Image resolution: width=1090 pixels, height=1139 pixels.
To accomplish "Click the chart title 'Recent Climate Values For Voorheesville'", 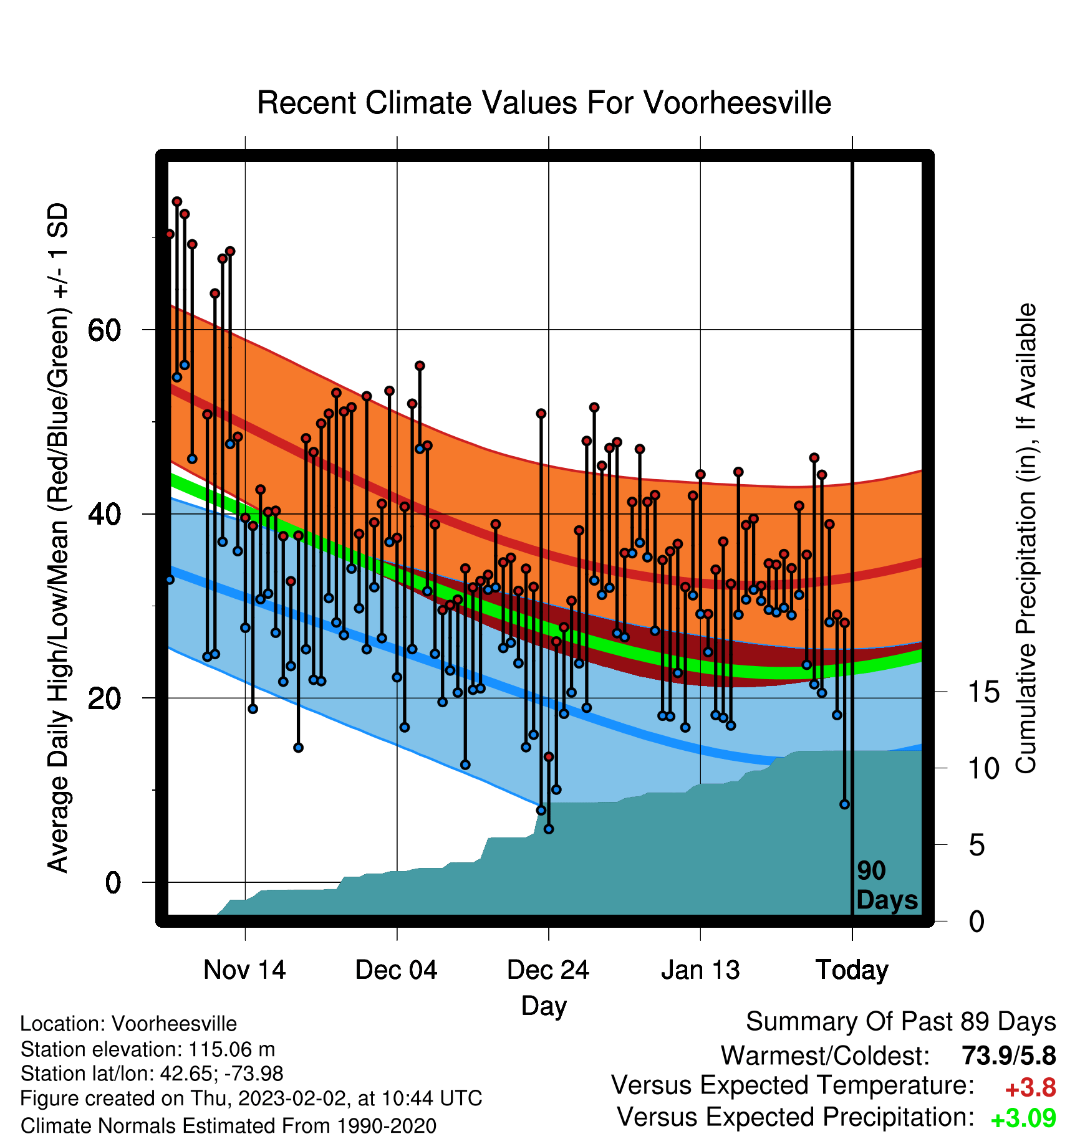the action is click(544, 103).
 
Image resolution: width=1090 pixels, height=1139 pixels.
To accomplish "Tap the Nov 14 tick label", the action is click(244, 970).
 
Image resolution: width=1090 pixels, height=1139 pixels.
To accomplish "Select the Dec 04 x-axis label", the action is click(397, 970).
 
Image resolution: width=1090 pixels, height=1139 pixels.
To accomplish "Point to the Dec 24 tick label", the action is click(548, 970).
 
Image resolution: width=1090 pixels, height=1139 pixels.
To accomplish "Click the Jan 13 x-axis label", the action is click(700, 970).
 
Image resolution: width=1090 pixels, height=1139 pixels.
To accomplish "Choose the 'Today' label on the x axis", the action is click(852, 971).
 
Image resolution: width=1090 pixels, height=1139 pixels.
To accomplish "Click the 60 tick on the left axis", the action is click(104, 330).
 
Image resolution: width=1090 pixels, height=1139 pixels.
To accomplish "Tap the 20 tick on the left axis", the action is click(104, 698).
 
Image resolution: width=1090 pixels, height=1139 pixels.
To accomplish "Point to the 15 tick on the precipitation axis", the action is click(983, 692).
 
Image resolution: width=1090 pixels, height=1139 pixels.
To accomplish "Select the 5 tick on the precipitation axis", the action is click(977, 845).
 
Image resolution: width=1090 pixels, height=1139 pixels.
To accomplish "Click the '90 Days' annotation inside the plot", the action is click(887, 885).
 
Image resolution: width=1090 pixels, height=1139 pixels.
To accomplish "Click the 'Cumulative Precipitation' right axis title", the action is click(1026, 538).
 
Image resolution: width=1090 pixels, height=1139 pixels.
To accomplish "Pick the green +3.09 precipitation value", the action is click(1023, 1118).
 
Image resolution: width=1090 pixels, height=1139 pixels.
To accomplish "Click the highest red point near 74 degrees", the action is click(177, 201).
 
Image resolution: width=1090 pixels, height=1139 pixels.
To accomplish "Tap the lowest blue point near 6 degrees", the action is click(549, 829).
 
